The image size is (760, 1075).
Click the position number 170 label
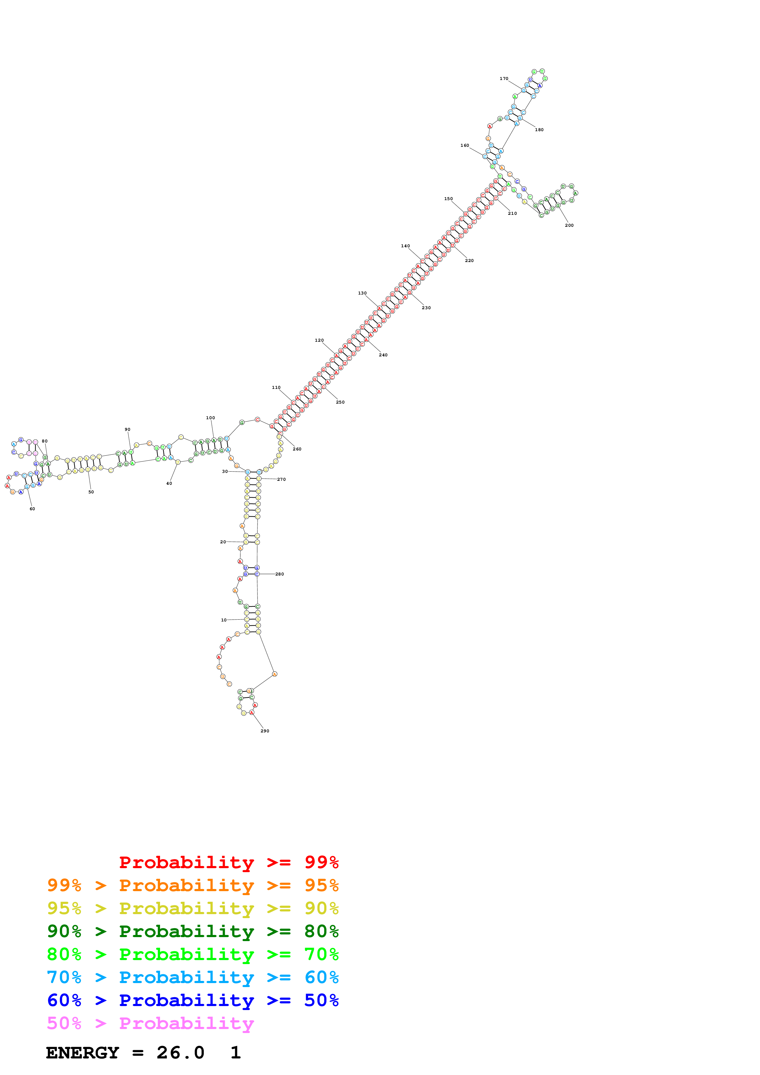coord(504,79)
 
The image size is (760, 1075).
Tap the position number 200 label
coord(569,225)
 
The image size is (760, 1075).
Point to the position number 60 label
coord(32,508)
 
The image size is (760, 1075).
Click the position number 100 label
coord(210,418)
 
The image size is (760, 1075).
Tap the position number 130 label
coord(362,293)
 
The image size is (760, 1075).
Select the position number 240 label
coord(383,355)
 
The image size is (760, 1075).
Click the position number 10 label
coord(224,620)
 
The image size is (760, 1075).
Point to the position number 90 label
coord(127,429)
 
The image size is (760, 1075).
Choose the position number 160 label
coord(464,146)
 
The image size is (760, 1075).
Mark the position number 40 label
coord(169,483)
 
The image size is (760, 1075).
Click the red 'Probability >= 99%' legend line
coord(228,862)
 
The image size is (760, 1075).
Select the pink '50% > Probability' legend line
coord(150,1023)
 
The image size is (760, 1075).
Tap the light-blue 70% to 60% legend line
coord(193,977)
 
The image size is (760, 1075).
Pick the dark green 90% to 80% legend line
coord(193,931)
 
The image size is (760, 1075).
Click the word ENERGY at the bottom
coord(82,1053)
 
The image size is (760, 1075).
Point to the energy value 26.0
coord(180,1053)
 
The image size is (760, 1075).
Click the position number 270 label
coord(281,480)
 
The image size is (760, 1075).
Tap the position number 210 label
coord(512,214)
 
